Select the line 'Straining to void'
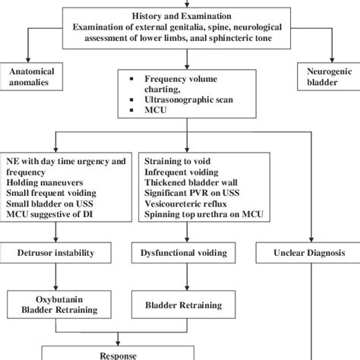[177, 160]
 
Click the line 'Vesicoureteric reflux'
[187, 203]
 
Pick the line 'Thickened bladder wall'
[191, 182]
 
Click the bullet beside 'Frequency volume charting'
[134, 78]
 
